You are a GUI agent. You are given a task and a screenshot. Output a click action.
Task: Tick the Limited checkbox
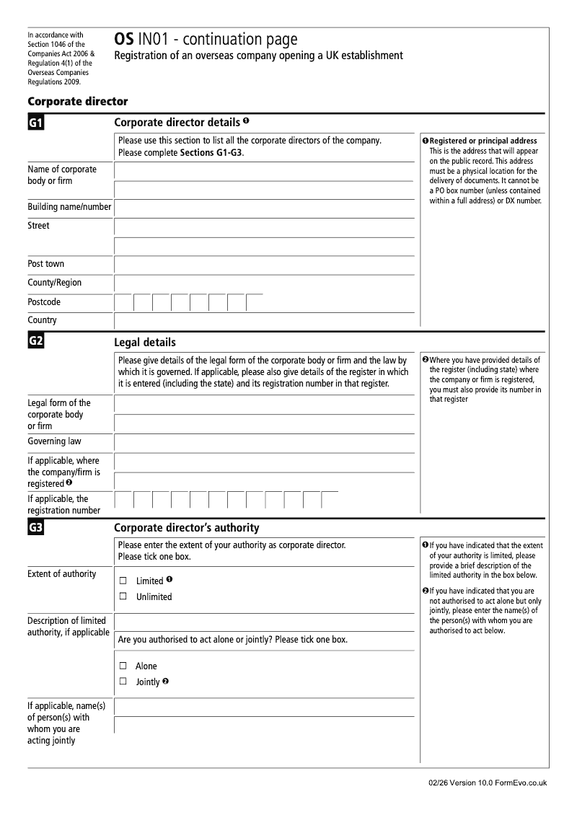tap(123, 581)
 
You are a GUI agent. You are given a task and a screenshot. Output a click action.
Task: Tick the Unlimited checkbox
tap(123, 596)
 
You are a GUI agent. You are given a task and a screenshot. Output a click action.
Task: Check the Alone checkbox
tap(123, 666)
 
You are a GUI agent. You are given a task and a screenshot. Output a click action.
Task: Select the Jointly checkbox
tap(123, 682)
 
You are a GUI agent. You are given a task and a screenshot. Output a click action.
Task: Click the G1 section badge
tap(36, 123)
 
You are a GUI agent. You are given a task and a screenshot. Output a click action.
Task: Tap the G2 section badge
tap(36, 341)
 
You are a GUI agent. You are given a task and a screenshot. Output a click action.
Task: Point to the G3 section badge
tap(36, 528)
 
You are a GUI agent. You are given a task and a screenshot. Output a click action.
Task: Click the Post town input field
tap(264, 265)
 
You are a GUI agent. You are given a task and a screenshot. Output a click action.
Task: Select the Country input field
tap(264, 320)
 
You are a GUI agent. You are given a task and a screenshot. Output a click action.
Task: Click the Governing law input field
tap(264, 442)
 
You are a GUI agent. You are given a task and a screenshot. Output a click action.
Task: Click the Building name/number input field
tap(264, 208)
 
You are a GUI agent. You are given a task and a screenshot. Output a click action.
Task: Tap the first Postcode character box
tap(124, 302)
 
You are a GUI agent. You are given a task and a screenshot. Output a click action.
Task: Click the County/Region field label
tap(55, 283)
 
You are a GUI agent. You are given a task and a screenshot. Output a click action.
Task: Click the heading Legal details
tap(145, 343)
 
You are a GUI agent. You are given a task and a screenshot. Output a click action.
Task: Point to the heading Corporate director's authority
tap(187, 528)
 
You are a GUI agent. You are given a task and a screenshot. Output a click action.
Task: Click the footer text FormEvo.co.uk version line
tap(487, 783)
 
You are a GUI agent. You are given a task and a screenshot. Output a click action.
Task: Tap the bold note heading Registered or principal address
tap(483, 141)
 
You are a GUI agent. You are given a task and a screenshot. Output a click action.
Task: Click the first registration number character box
tap(124, 500)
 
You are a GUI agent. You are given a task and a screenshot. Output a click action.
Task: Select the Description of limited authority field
tap(264, 621)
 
